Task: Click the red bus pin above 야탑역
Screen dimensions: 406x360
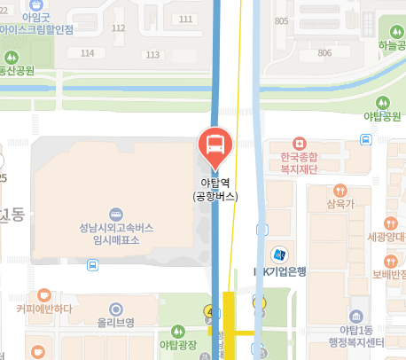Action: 214,144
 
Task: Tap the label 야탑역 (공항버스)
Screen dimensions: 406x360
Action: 214,191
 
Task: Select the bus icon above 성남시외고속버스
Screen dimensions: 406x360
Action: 115,215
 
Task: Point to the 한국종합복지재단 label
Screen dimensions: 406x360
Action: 300,163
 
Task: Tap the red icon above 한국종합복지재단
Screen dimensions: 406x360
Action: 300,142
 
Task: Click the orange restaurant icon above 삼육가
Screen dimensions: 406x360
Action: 340,191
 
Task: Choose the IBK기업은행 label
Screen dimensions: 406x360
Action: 279,271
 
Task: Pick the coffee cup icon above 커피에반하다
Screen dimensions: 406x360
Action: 44,293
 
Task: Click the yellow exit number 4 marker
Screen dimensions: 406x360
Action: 210,311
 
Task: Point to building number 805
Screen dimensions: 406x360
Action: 283,20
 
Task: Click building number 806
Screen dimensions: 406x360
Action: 324,52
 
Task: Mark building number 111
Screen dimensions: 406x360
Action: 185,19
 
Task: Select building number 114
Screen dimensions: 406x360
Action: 87,53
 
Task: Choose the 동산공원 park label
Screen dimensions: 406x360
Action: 15,69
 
